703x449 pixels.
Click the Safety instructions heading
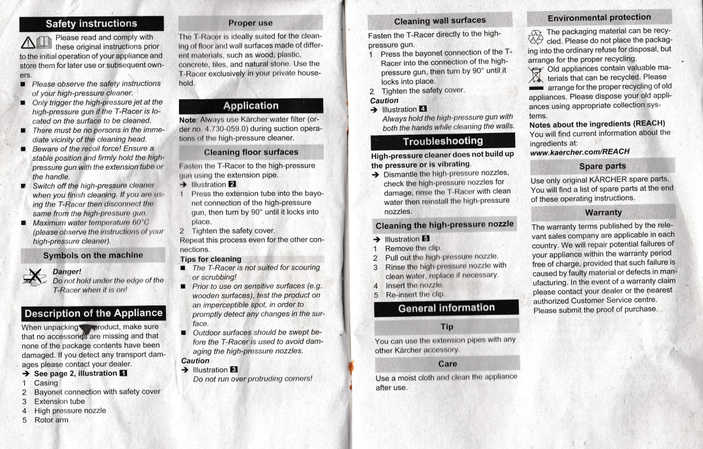[x=92, y=24]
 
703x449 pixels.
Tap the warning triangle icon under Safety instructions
[x=29, y=42]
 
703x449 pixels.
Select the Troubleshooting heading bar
[x=442, y=142]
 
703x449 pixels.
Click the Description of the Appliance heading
[x=93, y=313]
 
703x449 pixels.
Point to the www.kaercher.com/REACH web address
[x=580, y=152]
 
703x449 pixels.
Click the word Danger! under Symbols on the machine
[x=67, y=272]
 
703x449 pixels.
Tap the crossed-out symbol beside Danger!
[x=35, y=276]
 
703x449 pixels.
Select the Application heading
[x=250, y=106]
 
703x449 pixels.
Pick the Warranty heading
[x=603, y=212]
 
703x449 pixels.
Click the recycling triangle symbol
[x=536, y=37]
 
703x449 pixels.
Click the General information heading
[x=446, y=308]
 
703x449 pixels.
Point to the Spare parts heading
[x=602, y=166]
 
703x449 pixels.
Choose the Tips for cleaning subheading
[x=211, y=259]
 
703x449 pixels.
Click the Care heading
[x=447, y=363]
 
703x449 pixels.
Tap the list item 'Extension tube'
[x=59, y=401]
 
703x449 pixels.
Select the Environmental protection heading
[x=599, y=18]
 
